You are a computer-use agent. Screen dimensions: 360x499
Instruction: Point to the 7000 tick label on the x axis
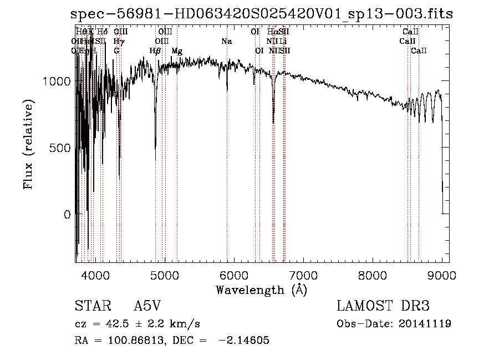303,275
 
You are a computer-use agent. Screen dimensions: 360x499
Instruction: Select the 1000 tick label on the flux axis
55,82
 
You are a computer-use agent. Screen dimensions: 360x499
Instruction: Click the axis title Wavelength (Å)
261,290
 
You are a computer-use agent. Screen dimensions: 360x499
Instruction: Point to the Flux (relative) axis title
29,144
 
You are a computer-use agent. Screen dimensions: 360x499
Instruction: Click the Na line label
226,41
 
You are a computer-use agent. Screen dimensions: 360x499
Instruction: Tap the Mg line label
177,51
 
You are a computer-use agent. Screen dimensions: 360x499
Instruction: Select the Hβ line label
155,51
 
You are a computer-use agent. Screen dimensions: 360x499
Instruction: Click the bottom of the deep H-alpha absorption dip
273,122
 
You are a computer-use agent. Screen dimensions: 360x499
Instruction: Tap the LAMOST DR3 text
383,306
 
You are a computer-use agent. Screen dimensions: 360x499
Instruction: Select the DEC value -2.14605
243,341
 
